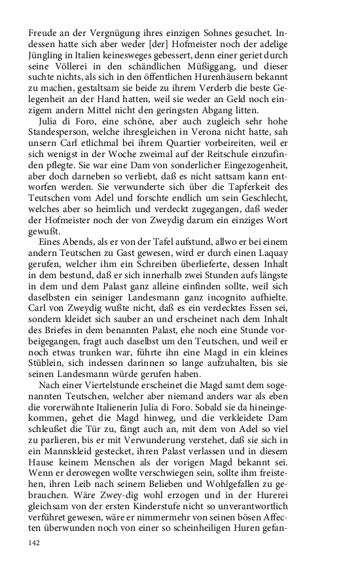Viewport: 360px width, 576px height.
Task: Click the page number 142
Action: click(35, 543)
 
